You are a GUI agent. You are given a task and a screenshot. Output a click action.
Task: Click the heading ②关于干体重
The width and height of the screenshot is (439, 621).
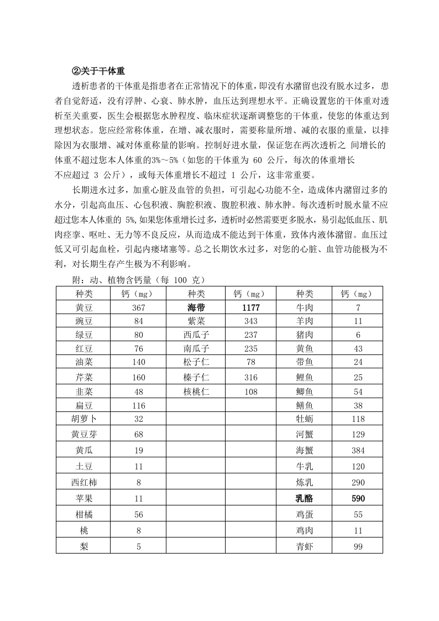pos(98,71)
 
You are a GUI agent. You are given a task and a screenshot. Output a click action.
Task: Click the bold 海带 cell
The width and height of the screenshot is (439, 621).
pos(196,308)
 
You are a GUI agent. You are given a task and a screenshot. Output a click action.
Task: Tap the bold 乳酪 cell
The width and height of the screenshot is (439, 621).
pos(304,499)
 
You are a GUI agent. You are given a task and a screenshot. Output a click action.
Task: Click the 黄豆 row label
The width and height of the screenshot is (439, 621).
pos(84,308)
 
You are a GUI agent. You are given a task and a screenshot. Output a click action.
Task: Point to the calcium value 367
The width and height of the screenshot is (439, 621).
pos(138,308)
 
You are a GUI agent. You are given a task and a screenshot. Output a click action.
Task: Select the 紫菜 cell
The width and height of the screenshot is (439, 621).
pos(196,321)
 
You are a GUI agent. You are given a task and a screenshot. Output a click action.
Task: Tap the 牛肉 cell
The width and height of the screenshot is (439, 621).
pos(304,308)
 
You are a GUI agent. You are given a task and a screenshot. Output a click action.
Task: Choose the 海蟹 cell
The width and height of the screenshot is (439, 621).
pos(304,451)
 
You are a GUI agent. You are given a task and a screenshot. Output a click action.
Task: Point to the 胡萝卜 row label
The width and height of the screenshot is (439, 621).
pos(84,419)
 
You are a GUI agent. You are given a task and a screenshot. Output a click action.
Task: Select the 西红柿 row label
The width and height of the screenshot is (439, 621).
pos(84,482)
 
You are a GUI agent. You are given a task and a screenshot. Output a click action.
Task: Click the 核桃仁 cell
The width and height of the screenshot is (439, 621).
pos(196,392)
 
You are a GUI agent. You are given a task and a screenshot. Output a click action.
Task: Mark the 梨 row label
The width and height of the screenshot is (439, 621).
pos(84,546)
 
